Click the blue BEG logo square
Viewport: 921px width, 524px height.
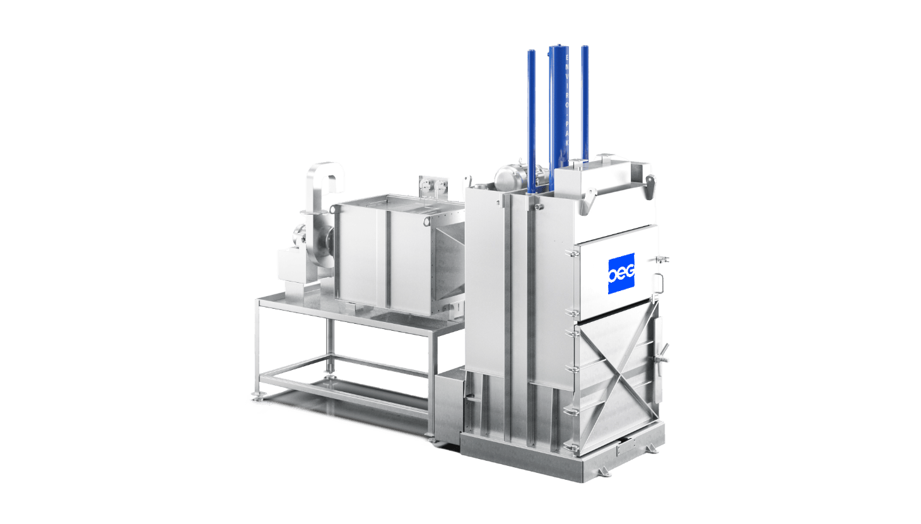coord(621,273)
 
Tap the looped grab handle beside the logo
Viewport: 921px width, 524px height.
coord(657,282)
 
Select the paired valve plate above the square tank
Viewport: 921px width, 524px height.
coord(435,186)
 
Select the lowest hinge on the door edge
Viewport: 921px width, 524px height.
coord(574,447)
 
